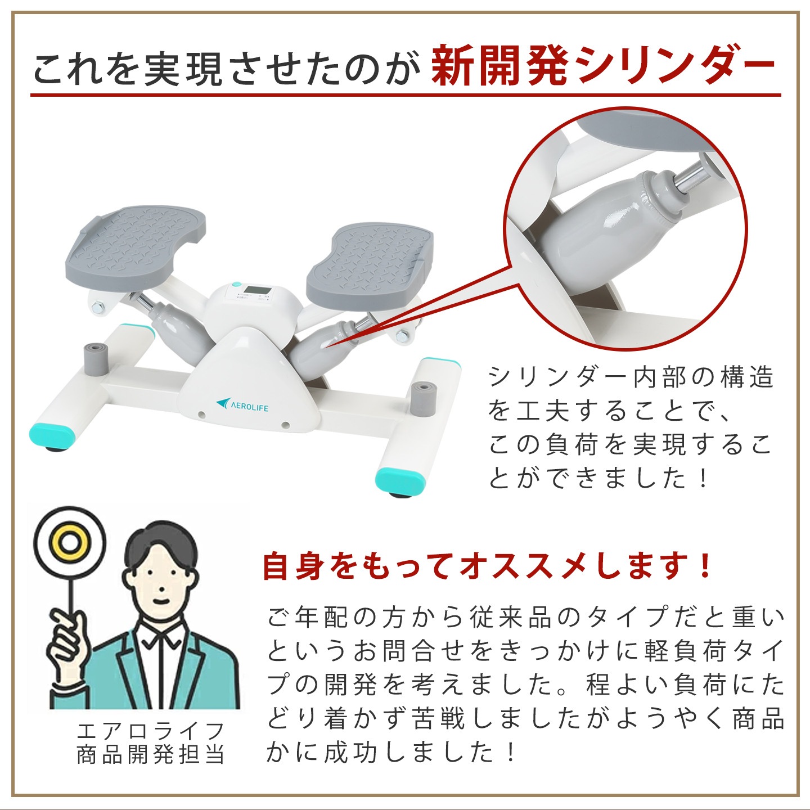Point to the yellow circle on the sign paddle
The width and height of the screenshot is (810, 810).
[70, 542]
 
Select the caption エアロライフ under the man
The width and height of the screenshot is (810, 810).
[151, 731]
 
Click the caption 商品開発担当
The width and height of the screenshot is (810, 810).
[151, 754]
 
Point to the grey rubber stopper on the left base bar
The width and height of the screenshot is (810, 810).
[95, 358]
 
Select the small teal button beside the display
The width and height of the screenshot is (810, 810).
[236, 285]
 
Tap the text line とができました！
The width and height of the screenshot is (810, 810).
[598, 478]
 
